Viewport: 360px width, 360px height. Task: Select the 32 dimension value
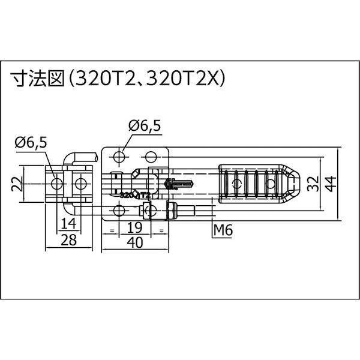(x=311, y=184)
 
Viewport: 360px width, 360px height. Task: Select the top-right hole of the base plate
(x=152, y=157)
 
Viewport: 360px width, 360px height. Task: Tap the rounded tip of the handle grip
(x=293, y=183)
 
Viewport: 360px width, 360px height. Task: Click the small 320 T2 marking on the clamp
(x=134, y=195)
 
